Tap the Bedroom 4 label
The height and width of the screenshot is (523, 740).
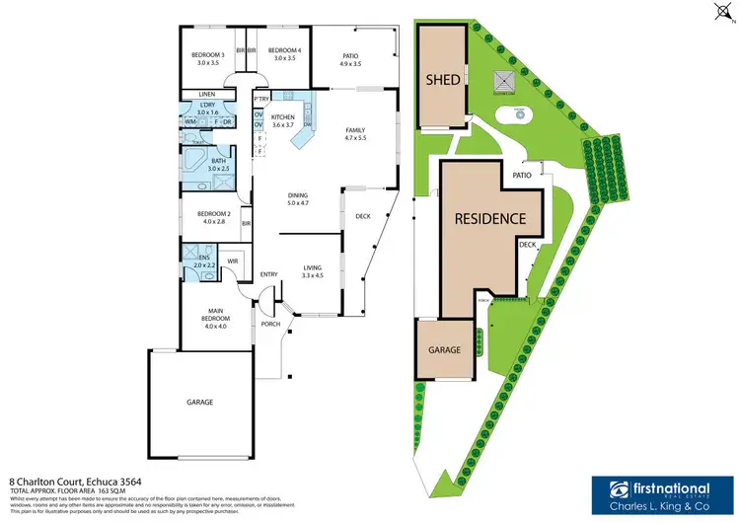tap(283, 54)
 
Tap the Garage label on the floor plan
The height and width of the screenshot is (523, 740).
tap(200, 402)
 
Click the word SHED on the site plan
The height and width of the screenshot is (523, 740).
tap(443, 79)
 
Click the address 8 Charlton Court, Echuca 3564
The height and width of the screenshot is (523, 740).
tap(59, 483)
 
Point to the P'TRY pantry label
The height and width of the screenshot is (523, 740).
tap(261, 100)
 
